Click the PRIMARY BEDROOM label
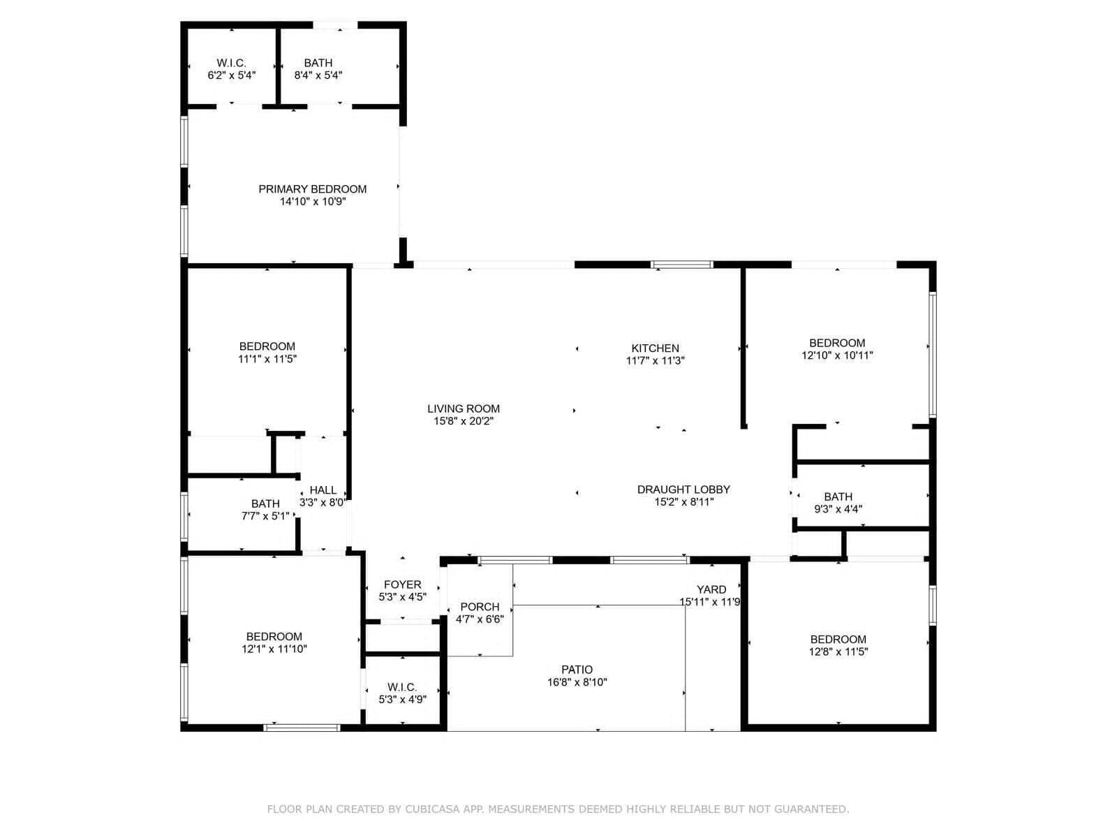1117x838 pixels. tap(313, 189)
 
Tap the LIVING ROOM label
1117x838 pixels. tap(463, 409)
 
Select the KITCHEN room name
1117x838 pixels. tap(655, 348)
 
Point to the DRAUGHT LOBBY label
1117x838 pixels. tap(683, 490)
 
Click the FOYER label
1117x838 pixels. tap(403, 585)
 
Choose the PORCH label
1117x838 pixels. tap(480, 607)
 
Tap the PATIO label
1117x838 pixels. tap(577, 670)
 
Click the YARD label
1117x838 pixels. tap(711, 589)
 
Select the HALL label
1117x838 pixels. tap(323, 490)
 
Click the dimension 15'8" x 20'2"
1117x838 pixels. tap(464, 421)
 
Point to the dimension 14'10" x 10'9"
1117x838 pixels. tap(313, 202)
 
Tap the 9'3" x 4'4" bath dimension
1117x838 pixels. tap(838, 509)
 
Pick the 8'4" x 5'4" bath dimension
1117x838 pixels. tap(318, 75)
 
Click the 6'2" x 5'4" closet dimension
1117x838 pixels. tap(232, 75)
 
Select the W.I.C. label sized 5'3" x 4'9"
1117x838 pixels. tap(402, 687)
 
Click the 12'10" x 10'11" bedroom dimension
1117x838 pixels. tap(837, 355)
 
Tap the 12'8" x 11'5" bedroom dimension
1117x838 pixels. tap(838, 652)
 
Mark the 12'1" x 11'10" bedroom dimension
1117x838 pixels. tap(274, 649)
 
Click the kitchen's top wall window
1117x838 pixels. tap(682, 265)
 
